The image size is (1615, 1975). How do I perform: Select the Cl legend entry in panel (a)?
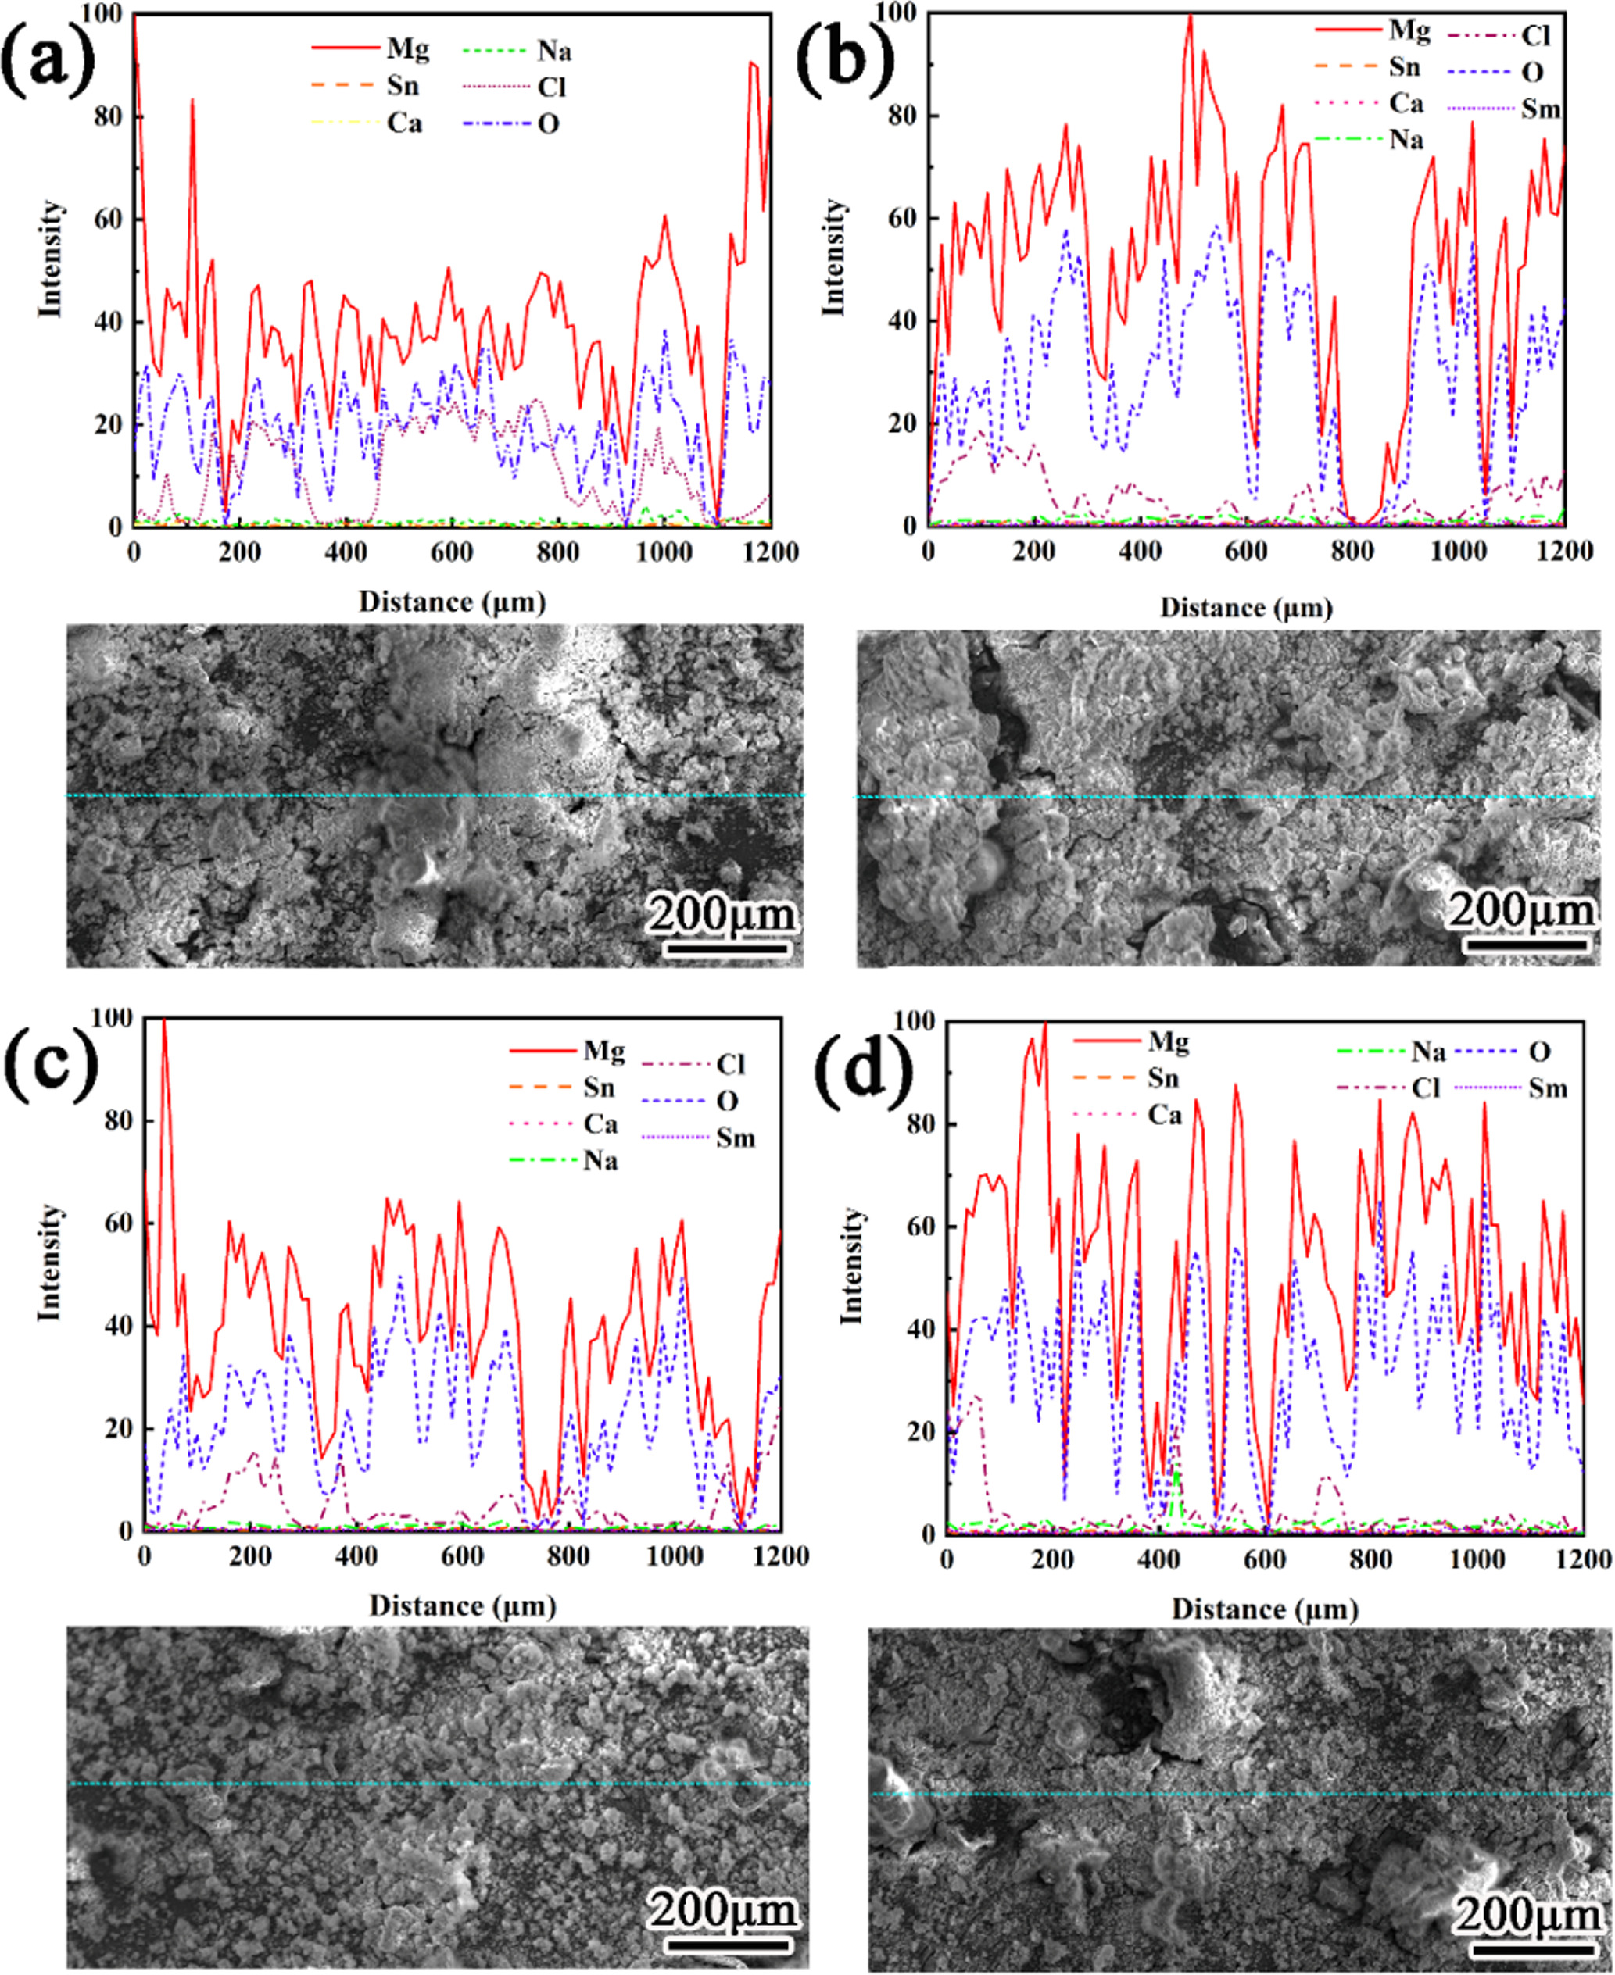[551, 87]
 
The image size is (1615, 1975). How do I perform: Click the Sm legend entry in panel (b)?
[1540, 109]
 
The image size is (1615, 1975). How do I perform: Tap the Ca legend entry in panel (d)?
[1164, 1114]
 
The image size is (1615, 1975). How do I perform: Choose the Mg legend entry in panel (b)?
[1409, 30]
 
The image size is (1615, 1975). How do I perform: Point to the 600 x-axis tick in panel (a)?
[452, 552]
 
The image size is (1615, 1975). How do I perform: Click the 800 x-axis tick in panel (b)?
[1352, 552]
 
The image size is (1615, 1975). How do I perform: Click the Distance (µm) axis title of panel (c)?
[462, 1605]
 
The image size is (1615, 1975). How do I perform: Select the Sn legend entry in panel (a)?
[403, 87]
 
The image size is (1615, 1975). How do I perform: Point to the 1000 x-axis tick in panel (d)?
[1477, 1559]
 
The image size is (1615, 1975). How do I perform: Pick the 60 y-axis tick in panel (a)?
[108, 220]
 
